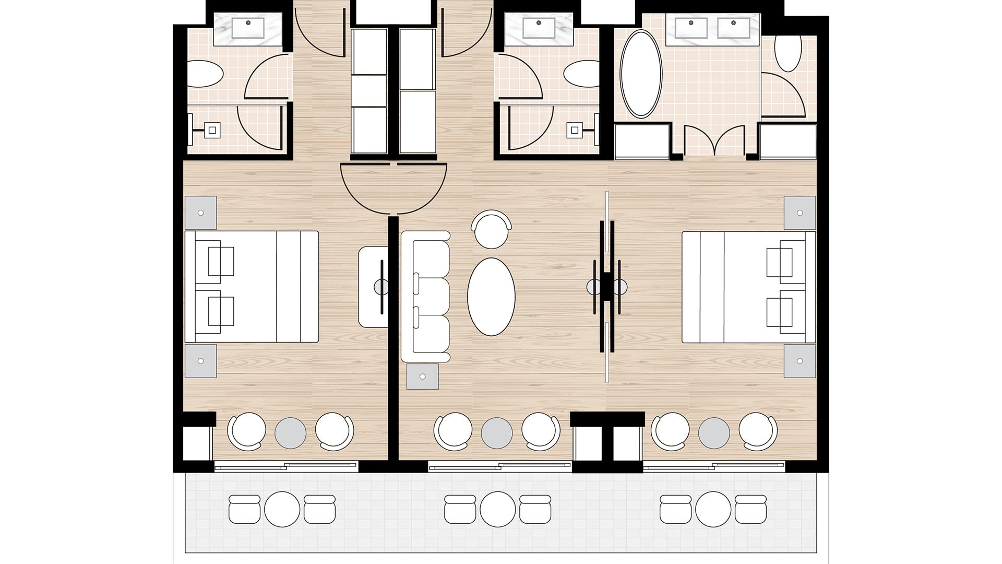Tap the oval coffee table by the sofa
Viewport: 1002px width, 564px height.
(x=491, y=297)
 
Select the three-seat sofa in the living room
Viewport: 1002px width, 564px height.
(x=425, y=297)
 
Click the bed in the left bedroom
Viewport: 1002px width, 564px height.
(x=252, y=287)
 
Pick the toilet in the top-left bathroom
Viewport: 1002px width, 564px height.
(x=205, y=74)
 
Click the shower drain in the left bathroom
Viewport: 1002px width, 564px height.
(x=212, y=130)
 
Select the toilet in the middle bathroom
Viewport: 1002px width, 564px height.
(x=581, y=74)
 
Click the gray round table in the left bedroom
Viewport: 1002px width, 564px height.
(x=290, y=432)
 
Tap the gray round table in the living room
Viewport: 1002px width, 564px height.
(x=497, y=432)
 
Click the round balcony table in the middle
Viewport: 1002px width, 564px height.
(x=497, y=509)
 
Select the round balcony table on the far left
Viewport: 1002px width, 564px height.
(x=282, y=509)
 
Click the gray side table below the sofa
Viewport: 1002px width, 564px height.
(x=423, y=377)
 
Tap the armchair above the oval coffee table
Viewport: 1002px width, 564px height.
(x=491, y=228)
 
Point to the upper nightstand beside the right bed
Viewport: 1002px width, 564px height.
(x=800, y=213)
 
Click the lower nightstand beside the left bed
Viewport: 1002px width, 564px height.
(x=200, y=361)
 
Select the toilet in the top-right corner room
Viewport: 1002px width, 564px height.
(x=788, y=52)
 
